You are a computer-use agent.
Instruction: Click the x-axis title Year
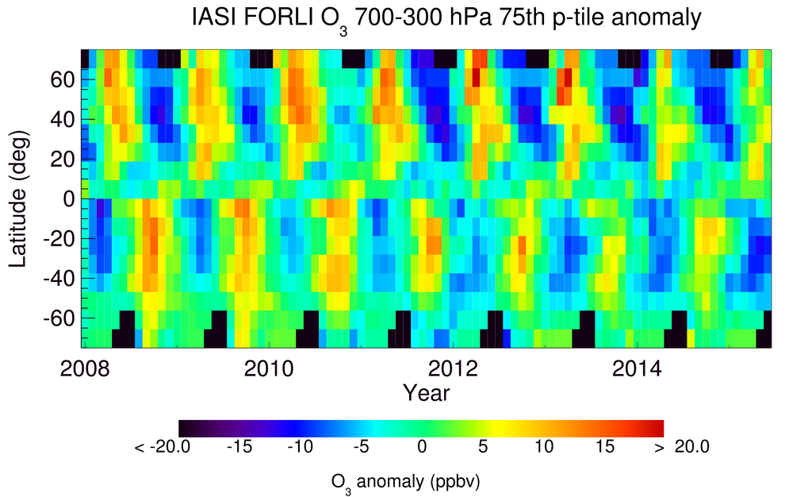(x=426, y=392)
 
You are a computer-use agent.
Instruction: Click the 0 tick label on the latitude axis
(x=69, y=198)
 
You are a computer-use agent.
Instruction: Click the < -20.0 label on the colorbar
(x=163, y=448)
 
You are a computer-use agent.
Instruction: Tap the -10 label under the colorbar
(x=300, y=448)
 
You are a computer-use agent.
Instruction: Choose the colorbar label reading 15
(x=604, y=448)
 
